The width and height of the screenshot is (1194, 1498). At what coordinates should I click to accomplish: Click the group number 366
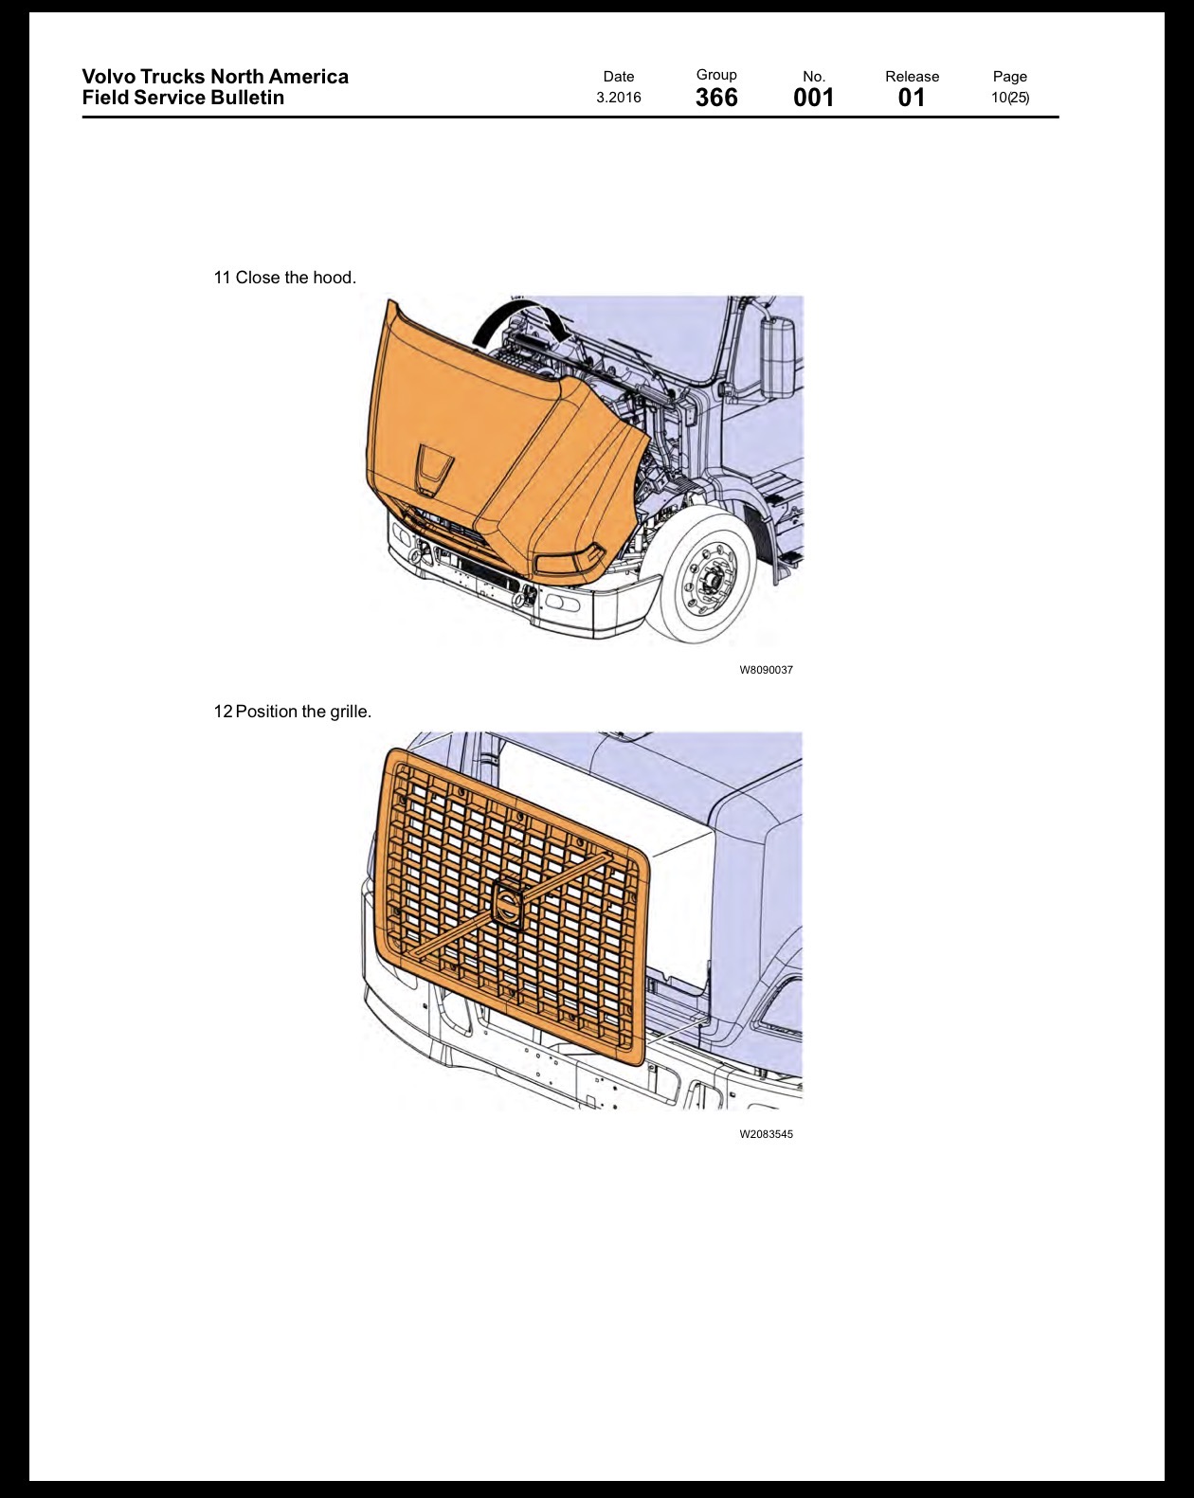(x=716, y=98)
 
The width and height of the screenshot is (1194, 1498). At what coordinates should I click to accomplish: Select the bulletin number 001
(x=813, y=98)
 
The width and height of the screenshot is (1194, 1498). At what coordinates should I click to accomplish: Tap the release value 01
(x=912, y=98)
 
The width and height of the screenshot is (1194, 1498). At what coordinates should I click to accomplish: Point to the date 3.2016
(x=618, y=98)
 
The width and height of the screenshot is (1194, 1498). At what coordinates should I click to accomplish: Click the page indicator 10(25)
(x=1010, y=98)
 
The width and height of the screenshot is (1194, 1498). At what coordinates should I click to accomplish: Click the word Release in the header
(x=912, y=77)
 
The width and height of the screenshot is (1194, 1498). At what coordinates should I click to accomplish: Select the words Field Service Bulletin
(x=183, y=98)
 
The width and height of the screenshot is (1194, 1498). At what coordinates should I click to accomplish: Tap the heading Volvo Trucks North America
(x=215, y=77)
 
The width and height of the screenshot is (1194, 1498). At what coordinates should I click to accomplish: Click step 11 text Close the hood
(x=284, y=278)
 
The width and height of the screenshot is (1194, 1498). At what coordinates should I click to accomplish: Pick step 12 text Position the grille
(x=293, y=712)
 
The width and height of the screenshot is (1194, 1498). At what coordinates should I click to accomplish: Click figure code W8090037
(x=766, y=670)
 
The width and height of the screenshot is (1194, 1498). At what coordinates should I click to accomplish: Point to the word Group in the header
(x=716, y=75)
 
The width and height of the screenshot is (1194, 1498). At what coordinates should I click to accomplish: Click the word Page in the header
(x=1010, y=77)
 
